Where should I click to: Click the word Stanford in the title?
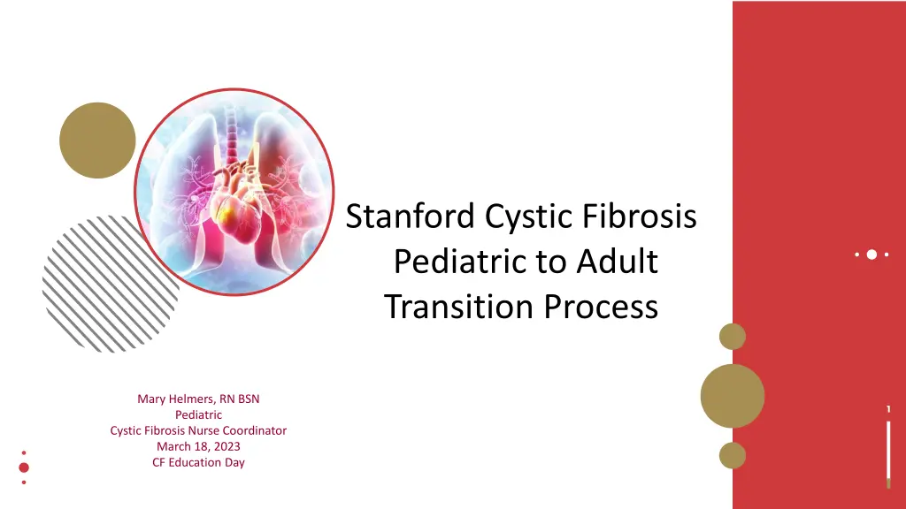coord(411,217)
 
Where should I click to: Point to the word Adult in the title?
coord(617,262)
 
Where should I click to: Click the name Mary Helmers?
coord(175,399)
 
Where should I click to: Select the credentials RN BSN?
coord(239,399)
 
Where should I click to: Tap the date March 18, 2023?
coord(198,446)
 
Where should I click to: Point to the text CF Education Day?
coord(198,462)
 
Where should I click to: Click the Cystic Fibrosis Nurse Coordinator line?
coord(198,430)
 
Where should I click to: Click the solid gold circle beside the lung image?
coord(97,141)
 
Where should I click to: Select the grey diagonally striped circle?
coord(110,284)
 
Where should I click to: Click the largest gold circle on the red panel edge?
coord(732,396)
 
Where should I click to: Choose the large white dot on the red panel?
coord(871,254)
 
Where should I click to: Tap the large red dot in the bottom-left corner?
coord(24,467)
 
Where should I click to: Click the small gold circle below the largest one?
coord(732,455)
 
